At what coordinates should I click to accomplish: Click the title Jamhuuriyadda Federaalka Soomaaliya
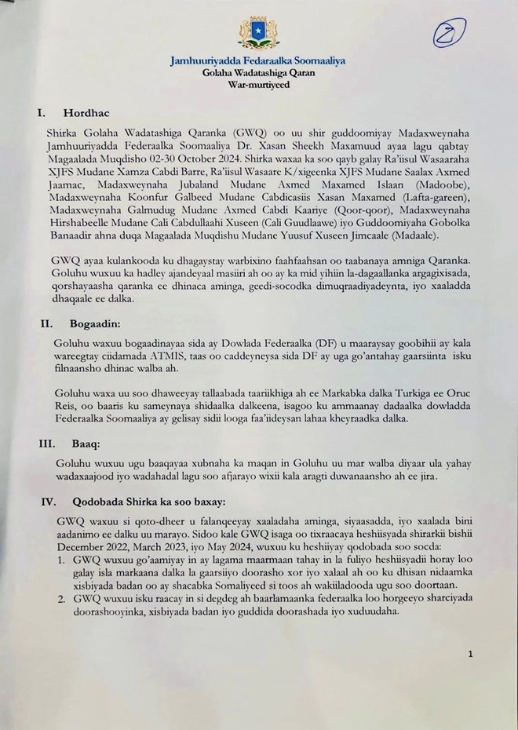pos(258,60)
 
